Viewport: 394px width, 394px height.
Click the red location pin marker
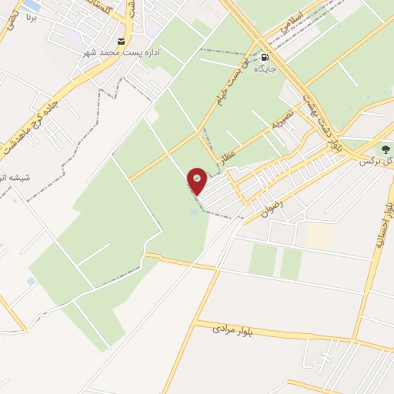[198, 180]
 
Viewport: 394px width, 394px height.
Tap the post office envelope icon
[121, 41]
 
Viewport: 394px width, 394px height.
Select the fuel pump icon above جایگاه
[265, 55]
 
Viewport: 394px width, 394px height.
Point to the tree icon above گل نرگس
[386, 149]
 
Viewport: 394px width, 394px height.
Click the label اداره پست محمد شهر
[120, 54]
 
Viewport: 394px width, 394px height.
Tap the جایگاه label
[265, 68]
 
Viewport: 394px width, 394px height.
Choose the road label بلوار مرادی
[244, 331]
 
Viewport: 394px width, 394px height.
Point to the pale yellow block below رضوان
[318, 235]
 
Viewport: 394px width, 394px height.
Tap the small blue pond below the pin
[193, 212]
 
